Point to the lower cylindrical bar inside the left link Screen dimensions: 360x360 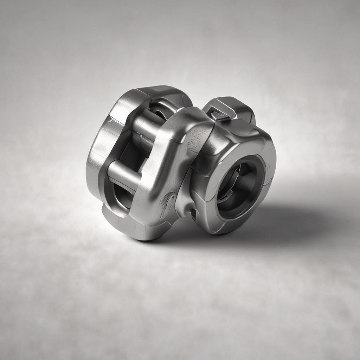click(x=123, y=173)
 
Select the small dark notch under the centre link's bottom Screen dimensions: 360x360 click(x=193, y=213)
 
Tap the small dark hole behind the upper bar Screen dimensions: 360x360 click(x=159, y=114)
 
